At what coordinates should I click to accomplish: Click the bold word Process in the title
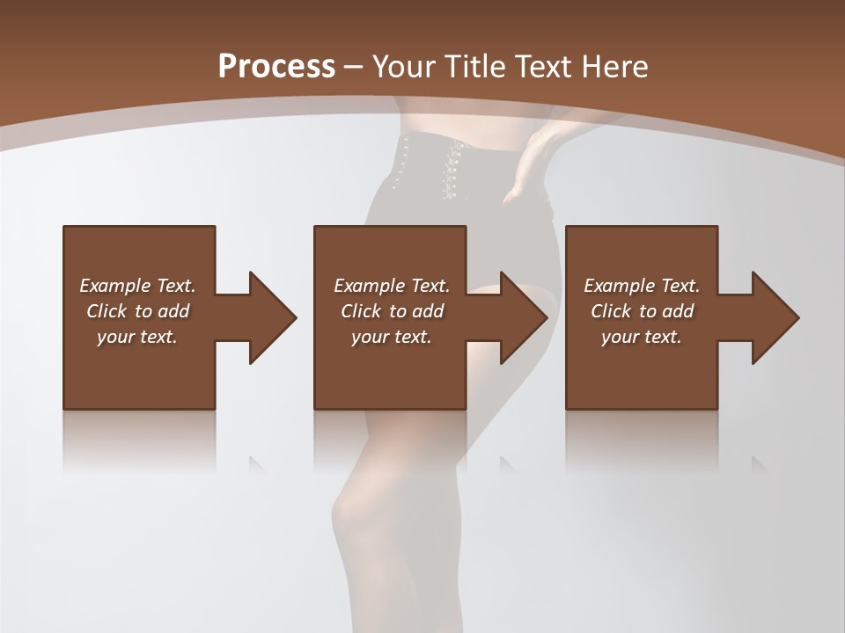click(x=276, y=67)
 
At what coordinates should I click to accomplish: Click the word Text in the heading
click(x=543, y=67)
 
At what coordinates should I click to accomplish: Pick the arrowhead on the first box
click(x=271, y=317)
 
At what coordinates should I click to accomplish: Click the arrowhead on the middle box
click(x=523, y=317)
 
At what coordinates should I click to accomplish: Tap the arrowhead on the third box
click(x=775, y=317)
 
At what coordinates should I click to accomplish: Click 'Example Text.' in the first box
click(x=137, y=286)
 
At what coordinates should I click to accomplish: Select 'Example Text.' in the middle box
click(x=392, y=286)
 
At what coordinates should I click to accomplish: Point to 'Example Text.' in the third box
click(x=642, y=286)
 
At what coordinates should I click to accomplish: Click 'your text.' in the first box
click(x=137, y=337)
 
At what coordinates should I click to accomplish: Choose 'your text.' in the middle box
click(x=392, y=337)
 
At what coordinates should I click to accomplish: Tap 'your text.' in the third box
click(x=642, y=337)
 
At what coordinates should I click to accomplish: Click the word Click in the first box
click(x=107, y=311)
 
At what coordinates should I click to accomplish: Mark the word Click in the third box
click(x=611, y=311)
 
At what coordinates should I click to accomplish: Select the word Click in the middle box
click(x=361, y=311)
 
